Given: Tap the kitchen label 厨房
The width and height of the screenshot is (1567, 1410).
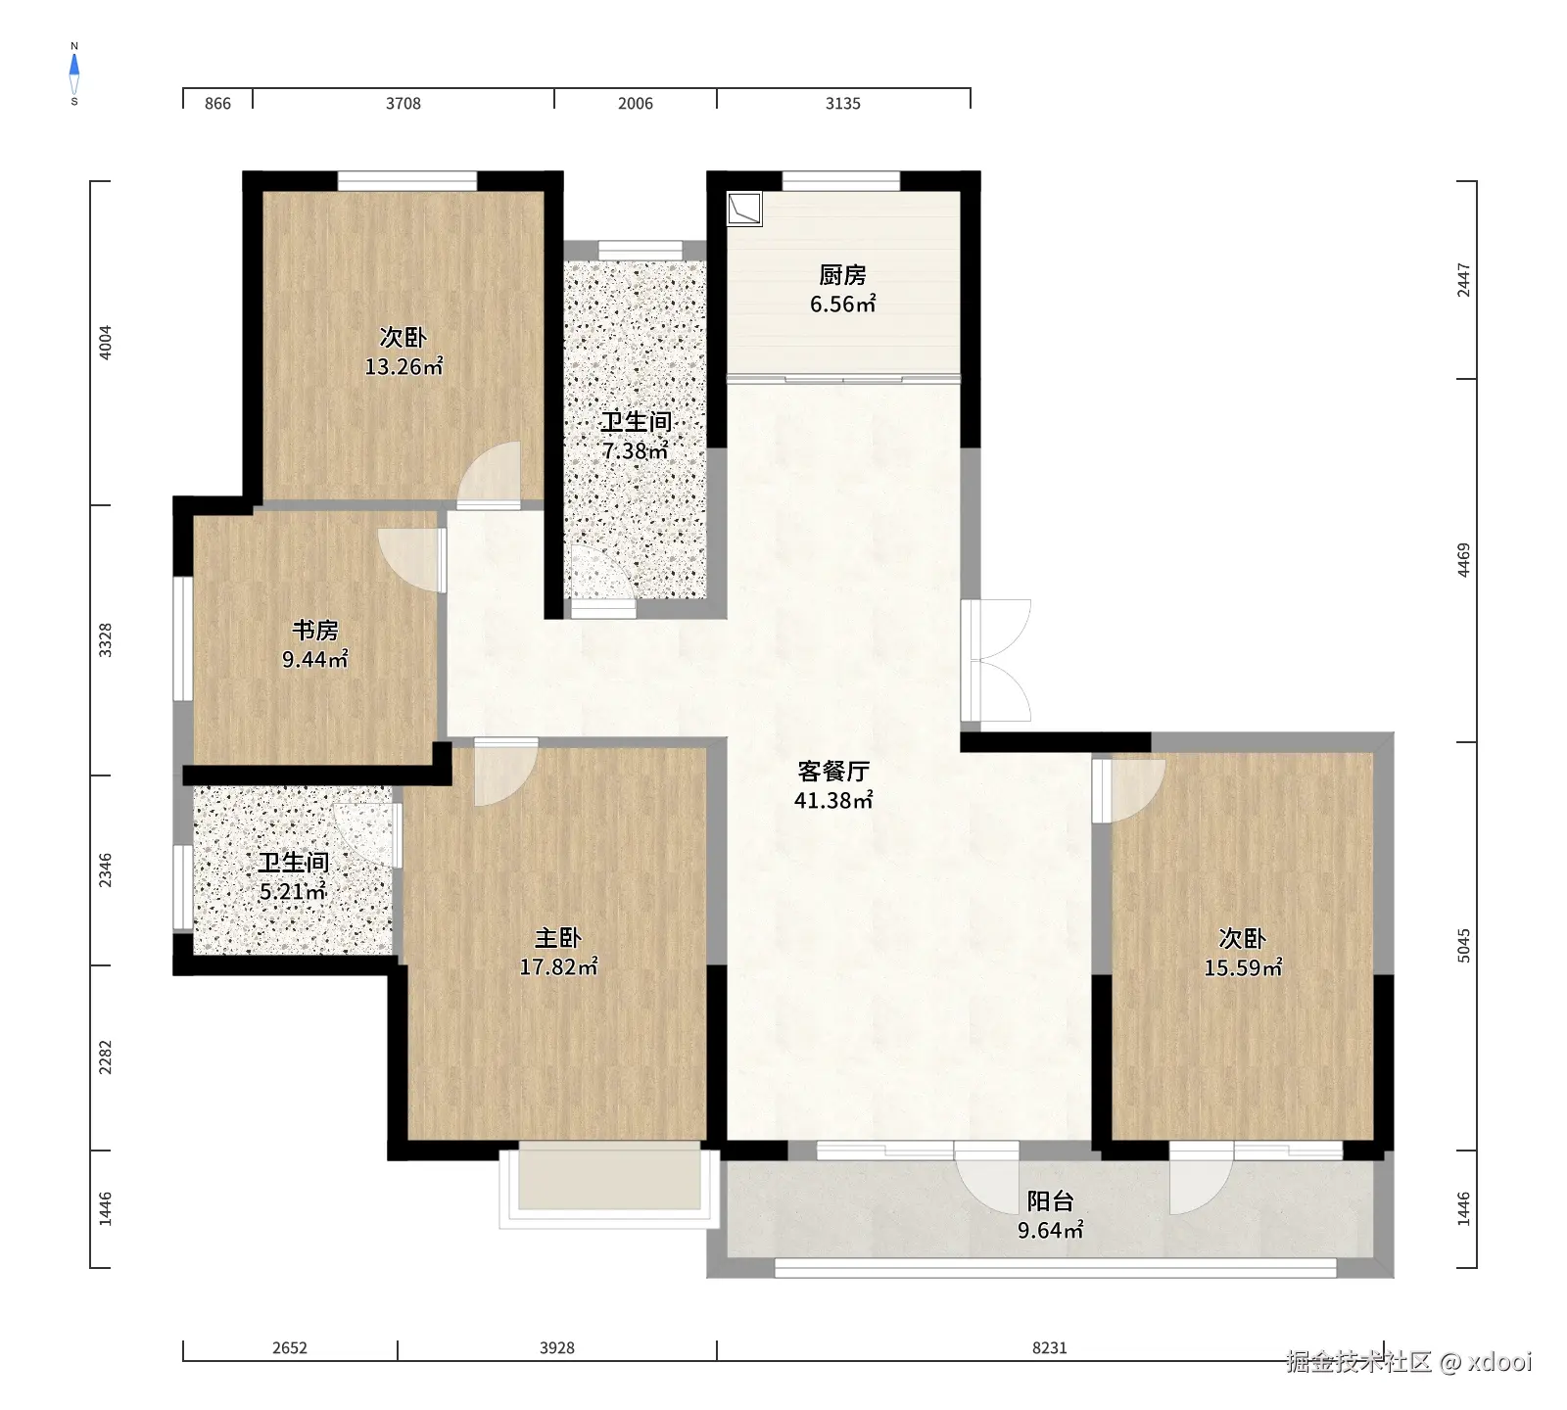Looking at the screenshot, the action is (842, 275).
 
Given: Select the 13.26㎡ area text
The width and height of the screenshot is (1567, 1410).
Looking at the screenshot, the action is (404, 367).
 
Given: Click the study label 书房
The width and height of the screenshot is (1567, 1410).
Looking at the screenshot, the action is (314, 631).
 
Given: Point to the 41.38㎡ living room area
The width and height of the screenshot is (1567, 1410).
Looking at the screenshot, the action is (833, 800).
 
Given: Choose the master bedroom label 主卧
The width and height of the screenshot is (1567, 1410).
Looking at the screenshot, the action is (558, 938).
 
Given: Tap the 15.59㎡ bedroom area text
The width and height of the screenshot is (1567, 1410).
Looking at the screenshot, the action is (1243, 968).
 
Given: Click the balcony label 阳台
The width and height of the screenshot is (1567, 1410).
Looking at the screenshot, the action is (1050, 1201).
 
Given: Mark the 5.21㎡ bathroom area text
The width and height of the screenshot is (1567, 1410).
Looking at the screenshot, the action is (292, 892).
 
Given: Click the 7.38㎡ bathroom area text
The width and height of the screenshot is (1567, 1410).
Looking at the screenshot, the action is (636, 451).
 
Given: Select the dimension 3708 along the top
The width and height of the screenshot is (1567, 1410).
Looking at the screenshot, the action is (404, 104).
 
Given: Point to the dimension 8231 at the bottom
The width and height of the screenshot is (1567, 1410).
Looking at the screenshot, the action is (1050, 1348).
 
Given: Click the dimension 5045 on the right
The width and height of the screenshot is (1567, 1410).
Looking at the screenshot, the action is (1464, 946).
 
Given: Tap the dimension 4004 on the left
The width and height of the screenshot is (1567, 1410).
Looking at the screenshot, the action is (106, 342).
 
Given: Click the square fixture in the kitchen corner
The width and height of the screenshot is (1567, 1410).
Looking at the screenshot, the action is (744, 209).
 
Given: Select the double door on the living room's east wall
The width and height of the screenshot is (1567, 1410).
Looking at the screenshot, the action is (996, 660).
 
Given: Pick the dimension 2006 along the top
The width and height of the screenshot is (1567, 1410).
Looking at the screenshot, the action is (636, 104).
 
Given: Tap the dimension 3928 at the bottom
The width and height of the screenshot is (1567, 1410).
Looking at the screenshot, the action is (557, 1348).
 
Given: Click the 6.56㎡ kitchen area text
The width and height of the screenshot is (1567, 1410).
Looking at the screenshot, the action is (842, 305).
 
